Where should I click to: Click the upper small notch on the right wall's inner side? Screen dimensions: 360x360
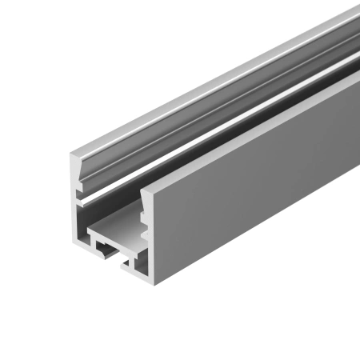click(x=144, y=216)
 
